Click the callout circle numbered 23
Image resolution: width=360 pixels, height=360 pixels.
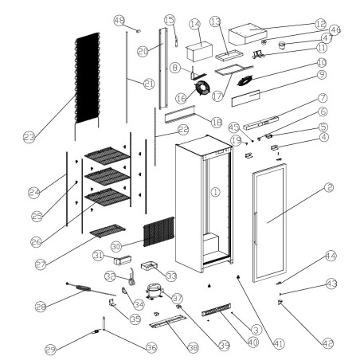[29, 138]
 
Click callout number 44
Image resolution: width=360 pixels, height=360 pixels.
[329, 256]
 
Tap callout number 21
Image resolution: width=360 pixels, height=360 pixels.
[149, 83]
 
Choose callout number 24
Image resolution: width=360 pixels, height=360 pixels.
[33, 191]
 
